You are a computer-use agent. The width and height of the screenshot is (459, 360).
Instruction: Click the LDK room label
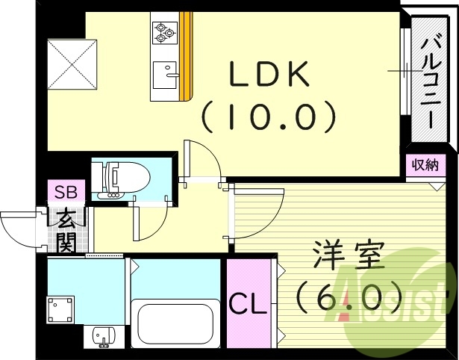(268, 75)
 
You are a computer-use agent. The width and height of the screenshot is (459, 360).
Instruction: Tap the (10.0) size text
(268, 115)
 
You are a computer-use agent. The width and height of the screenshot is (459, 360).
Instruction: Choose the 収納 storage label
(425, 165)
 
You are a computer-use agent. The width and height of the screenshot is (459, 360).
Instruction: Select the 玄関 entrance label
(67, 231)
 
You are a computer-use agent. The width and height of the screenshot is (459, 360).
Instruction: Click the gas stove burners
(163, 31)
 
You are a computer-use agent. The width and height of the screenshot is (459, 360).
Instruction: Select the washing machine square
(62, 307)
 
